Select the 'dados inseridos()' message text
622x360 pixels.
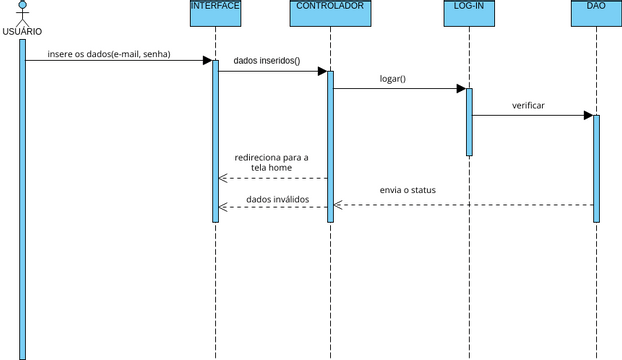[266, 61]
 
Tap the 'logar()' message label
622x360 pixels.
[393, 78]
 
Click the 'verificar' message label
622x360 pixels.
[528, 104]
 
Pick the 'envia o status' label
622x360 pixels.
[407, 189]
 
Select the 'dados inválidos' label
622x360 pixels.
[277, 199]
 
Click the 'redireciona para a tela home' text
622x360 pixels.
[271, 163]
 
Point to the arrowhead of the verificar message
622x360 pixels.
[588, 115]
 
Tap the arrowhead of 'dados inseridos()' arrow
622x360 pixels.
[322, 71]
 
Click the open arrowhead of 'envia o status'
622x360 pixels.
[338, 205]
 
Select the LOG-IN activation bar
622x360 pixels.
[469, 122]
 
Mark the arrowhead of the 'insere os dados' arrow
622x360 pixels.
[207, 60]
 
